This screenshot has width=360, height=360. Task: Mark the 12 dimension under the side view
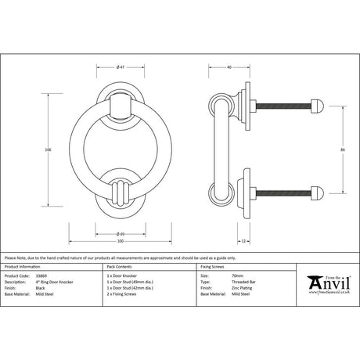[x=244, y=240]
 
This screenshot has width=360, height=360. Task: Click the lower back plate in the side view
[x=245, y=191]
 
